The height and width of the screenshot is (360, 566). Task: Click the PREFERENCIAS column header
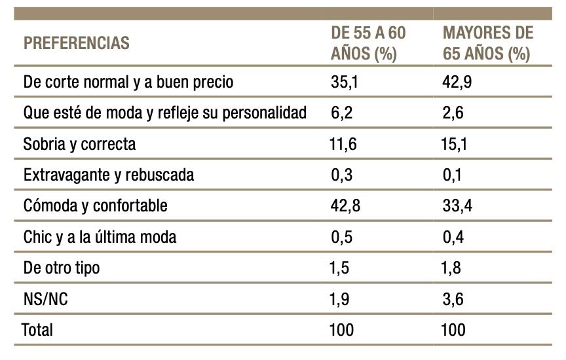coord(76,44)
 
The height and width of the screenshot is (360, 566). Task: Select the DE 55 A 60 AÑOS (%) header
coord(368,44)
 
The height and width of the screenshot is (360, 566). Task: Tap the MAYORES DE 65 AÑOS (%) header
coord(487,44)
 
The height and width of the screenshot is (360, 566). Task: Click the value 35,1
coord(343,82)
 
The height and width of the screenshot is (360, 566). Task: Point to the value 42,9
coord(457,82)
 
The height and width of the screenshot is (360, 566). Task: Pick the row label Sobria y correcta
coord(79,144)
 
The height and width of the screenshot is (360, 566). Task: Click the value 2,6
coord(453,113)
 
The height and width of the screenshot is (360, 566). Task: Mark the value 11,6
coord(343,144)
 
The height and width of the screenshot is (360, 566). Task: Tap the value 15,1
coord(455,144)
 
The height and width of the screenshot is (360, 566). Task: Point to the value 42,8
coord(344,206)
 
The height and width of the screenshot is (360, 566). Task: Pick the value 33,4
coord(457,206)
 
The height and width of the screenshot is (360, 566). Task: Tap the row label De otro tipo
coord(62,267)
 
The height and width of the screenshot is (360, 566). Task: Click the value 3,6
coord(454,298)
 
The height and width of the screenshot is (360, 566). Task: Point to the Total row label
coord(37,329)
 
